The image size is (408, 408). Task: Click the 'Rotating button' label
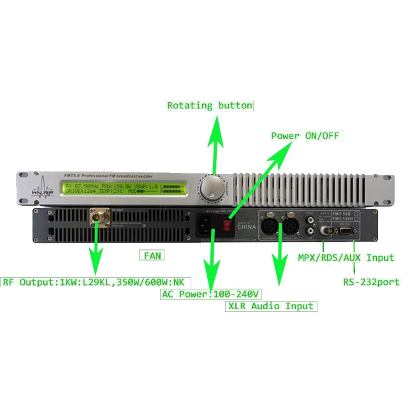tap(210, 105)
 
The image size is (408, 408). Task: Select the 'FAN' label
tap(151, 256)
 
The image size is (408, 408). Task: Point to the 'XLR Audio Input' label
tap(271, 306)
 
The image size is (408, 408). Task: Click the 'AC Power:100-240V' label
tap(210, 294)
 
